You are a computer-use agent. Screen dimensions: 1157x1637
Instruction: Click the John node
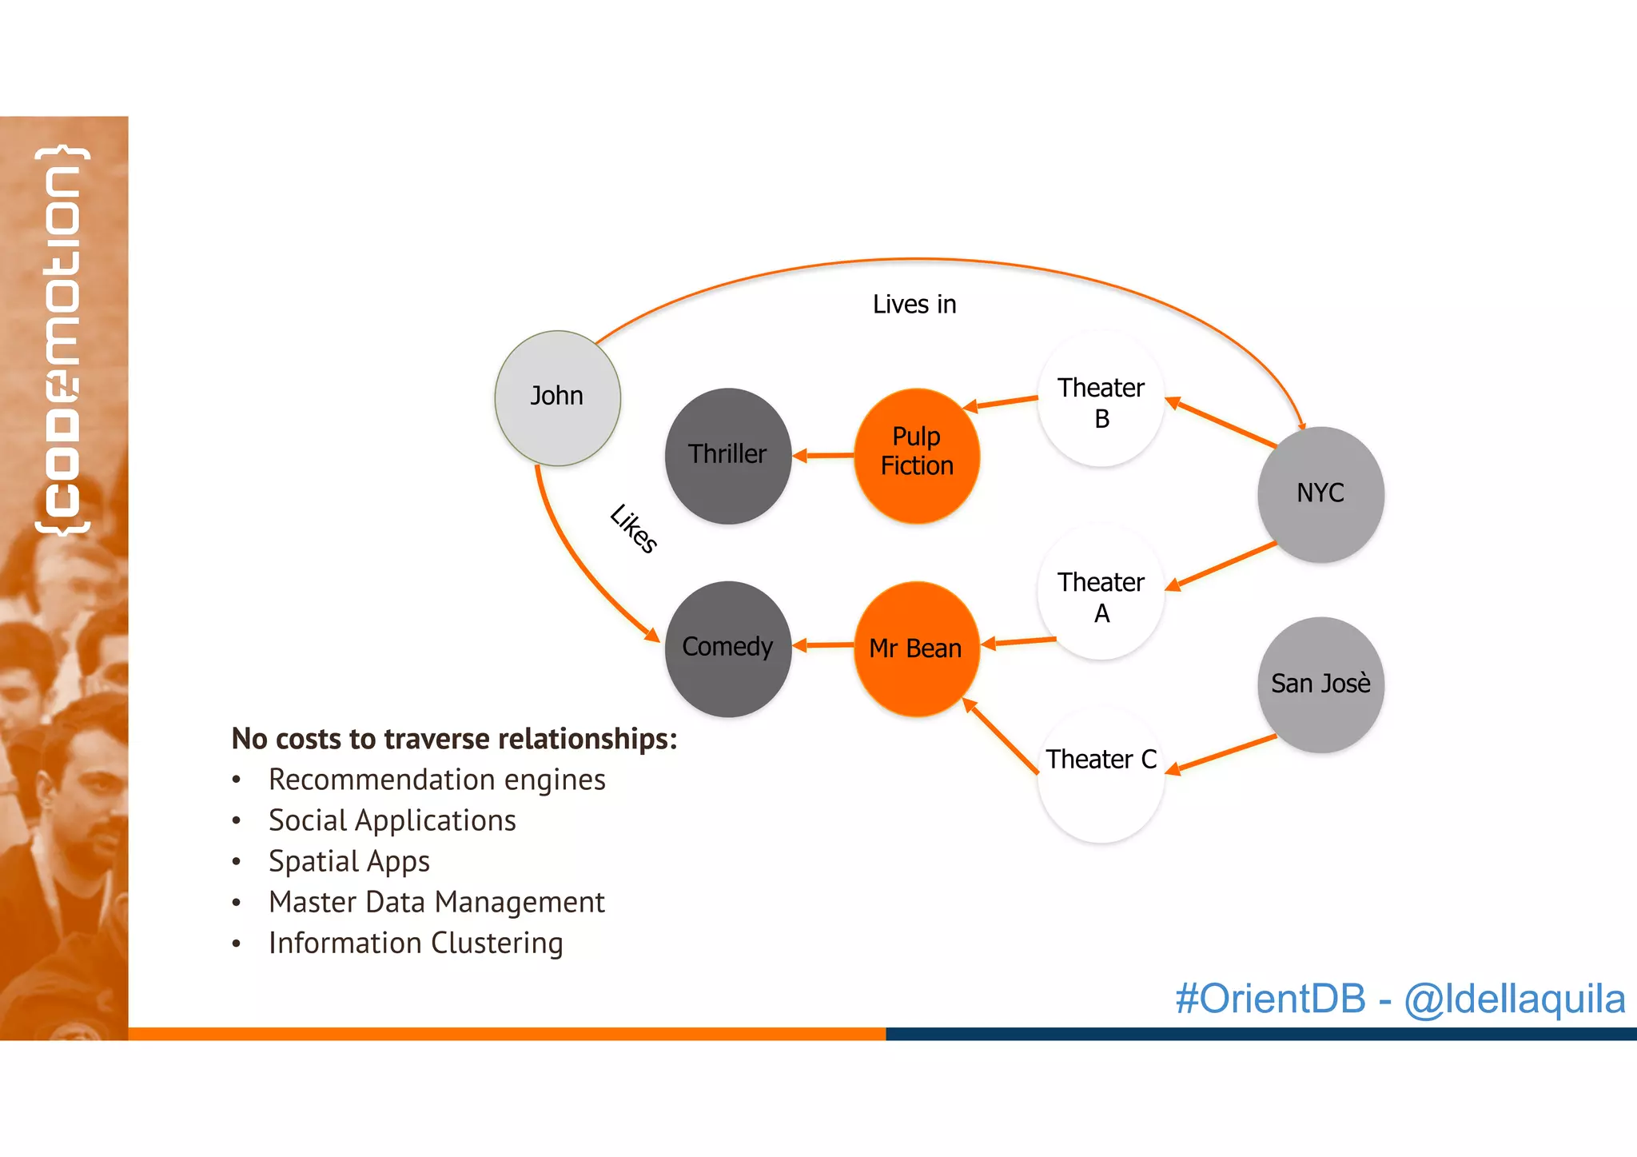tap(557, 397)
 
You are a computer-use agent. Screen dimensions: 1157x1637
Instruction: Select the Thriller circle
tap(727, 456)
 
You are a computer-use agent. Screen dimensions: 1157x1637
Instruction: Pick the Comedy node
tap(727, 648)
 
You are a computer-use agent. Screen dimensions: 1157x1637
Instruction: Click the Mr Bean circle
tap(917, 648)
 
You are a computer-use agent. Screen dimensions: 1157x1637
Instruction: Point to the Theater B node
tap(1101, 399)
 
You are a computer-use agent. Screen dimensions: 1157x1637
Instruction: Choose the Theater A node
tap(1101, 592)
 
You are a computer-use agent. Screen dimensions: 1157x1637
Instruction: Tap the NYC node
tap(1320, 493)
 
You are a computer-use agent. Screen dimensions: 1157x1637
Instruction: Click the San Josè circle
tap(1320, 684)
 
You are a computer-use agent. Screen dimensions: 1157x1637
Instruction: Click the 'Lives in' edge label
tap(914, 305)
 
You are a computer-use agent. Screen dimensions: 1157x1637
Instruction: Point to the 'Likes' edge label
tap(633, 529)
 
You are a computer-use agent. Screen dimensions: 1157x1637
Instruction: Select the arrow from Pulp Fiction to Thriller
tap(822, 456)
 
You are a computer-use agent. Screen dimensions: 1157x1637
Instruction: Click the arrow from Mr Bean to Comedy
tap(822, 644)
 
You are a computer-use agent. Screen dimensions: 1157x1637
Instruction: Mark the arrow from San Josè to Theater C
tap(1221, 754)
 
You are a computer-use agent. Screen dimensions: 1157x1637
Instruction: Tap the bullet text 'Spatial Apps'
tap(349, 861)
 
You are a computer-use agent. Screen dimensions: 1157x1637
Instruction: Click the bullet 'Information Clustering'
tap(416, 943)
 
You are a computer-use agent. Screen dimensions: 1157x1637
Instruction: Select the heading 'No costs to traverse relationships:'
tap(454, 739)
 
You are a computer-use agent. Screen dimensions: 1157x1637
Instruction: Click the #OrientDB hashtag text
tap(1270, 999)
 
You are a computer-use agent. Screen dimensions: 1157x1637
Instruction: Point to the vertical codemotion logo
tap(62, 340)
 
